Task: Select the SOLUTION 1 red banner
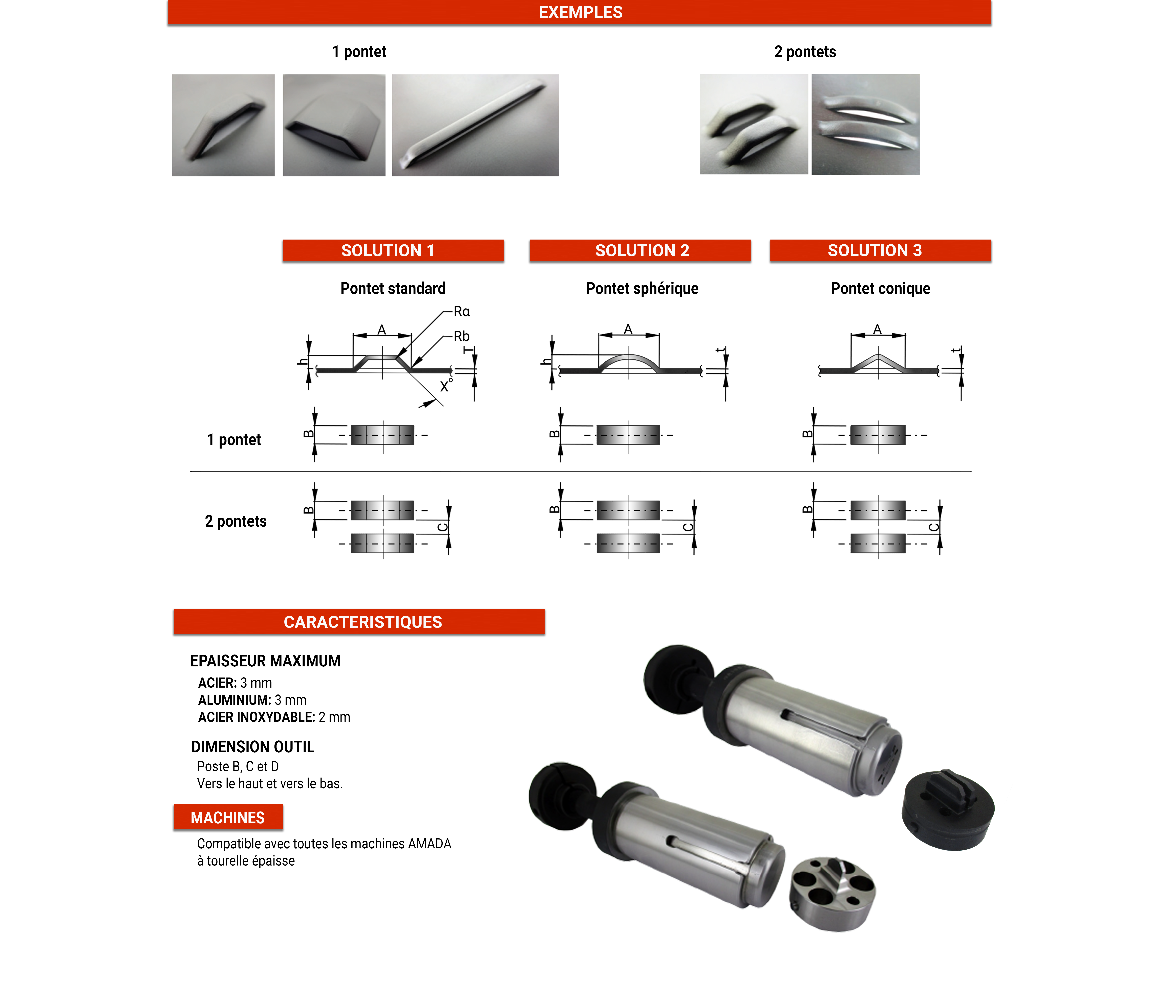point(393,250)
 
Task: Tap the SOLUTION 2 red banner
point(640,250)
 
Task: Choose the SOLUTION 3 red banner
point(880,250)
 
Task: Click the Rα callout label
point(461,312)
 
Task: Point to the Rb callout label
point(461,336)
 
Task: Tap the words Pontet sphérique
point(642,289)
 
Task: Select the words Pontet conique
point(880,289)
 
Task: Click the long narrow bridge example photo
point(475,125)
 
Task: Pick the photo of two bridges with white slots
point(866,124)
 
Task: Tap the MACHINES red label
point(228,818)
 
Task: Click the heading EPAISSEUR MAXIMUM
point(265,661)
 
